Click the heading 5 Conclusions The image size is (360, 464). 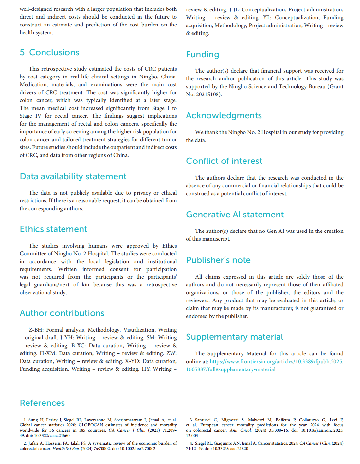(49, 52)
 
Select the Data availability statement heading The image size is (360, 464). (73, 176)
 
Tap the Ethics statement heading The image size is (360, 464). (53, 229)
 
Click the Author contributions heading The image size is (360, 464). (62, 313)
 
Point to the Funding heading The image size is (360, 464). (202, 54)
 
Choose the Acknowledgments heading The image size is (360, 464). (224, 115)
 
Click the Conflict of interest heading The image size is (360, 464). (224, 161)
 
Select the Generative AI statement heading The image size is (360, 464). (235, 215)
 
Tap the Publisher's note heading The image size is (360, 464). (218, 260)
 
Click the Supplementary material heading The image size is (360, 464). (234, 337)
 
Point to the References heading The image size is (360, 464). (42, 403)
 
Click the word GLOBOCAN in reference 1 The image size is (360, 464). (91, 425)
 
